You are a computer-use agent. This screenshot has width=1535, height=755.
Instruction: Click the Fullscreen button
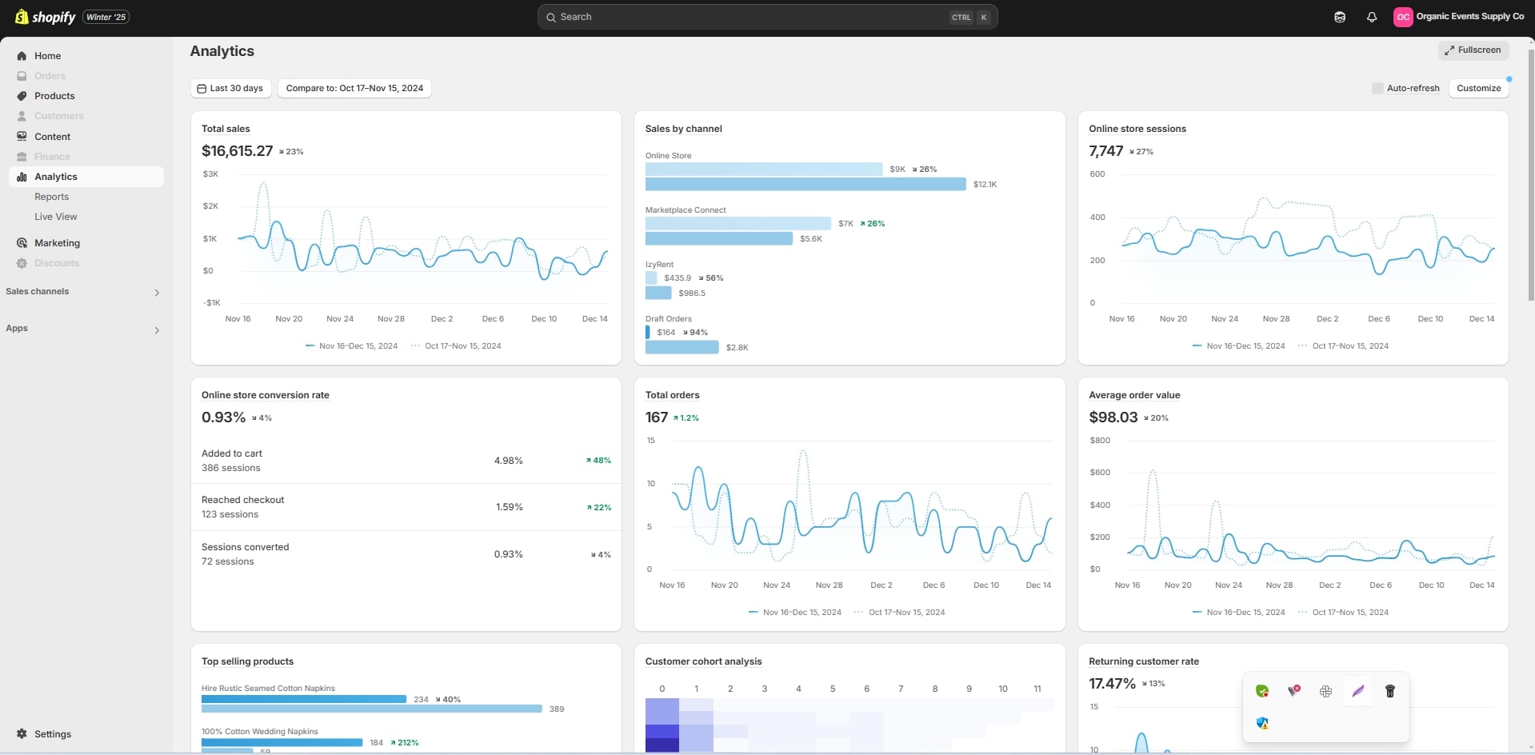tap(1473, 50)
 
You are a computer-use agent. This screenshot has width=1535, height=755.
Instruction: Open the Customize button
tap(1478, 88)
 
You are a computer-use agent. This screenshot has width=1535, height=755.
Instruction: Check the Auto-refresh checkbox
tap(1377, 88)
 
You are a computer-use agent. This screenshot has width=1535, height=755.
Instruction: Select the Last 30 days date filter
tap(230, 88)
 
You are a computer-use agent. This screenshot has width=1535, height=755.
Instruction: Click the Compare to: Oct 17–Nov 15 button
tap(354, 88)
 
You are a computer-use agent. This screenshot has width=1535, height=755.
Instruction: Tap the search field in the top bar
tap(752, 17)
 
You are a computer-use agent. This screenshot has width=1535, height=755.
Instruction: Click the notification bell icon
tap(1372, 17)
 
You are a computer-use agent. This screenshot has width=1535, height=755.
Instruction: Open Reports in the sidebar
tap(51, 197)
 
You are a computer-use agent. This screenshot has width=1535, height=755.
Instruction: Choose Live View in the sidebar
tap(55, 217)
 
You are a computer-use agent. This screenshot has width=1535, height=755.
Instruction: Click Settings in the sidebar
tap(52, 734)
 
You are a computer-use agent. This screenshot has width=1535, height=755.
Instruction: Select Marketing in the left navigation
tap(57, 243)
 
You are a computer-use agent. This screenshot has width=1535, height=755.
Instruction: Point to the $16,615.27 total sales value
tap(237, 151)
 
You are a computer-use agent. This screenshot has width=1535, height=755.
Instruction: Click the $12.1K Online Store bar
tap(805, 185)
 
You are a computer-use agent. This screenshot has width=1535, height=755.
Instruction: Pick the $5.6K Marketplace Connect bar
tap(718, 239)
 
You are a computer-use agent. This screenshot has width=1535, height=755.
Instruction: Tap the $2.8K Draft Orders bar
tap(682, 347)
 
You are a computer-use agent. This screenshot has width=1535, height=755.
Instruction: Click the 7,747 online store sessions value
tap(1105, 151)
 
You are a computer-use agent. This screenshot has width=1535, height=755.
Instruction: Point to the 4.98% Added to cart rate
tap(508, 461)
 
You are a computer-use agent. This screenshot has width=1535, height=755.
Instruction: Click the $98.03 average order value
tap(1113, 417)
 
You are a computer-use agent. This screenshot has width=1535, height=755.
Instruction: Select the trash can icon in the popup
tap(1390, 691)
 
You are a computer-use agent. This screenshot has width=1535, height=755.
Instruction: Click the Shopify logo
tap(46, 17)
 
